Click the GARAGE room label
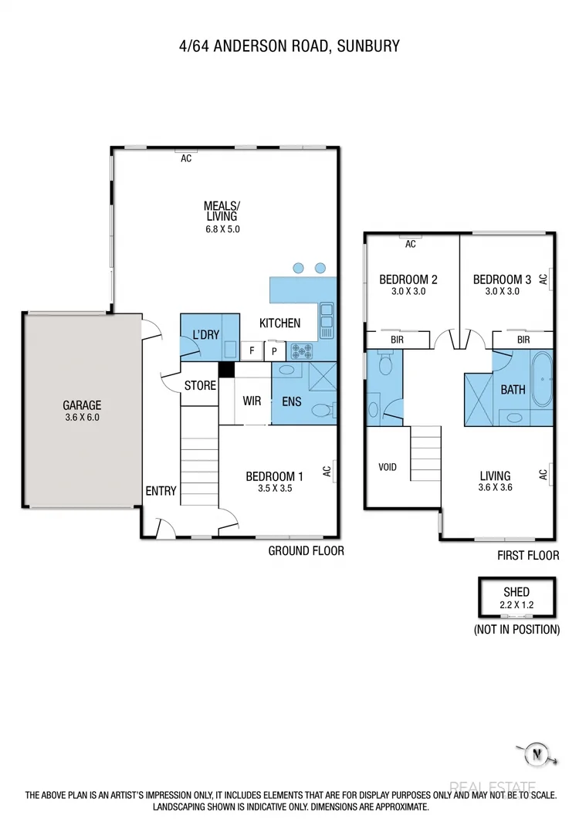83,405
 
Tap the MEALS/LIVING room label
222,211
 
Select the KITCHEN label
279,323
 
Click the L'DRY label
206,334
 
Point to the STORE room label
200,385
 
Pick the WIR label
251,401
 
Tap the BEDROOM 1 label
274,476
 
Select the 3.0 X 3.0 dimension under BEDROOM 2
402,292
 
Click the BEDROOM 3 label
502,279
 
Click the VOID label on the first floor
388,467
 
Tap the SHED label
516,592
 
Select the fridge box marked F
252,351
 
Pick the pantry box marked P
274,351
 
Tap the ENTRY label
161,491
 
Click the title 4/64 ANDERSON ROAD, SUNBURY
289,46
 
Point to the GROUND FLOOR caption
306,550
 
